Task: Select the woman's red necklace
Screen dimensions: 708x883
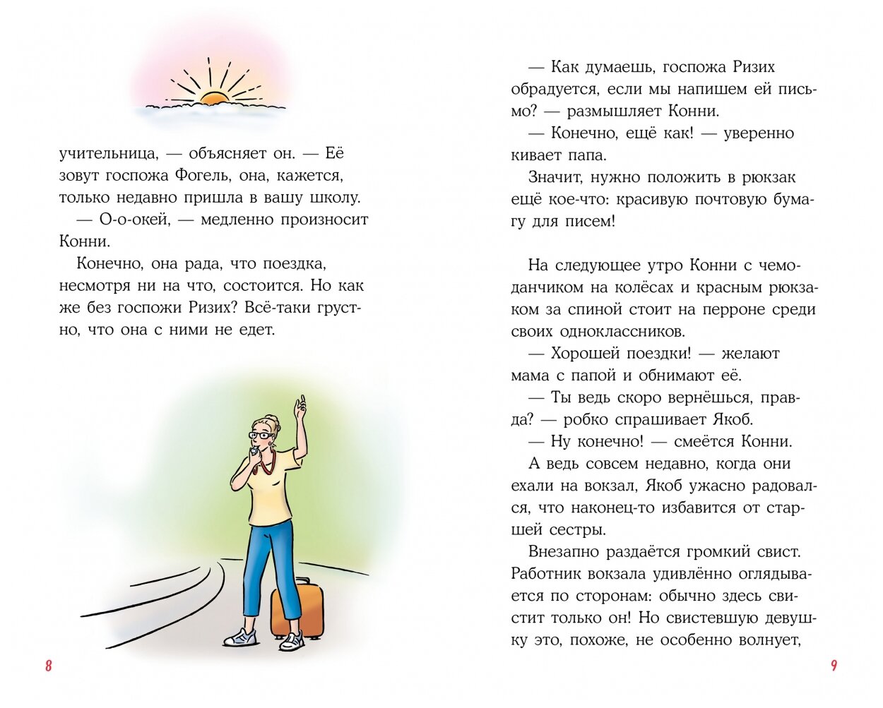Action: tap(267, 464)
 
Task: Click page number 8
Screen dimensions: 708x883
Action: tap(48, 666)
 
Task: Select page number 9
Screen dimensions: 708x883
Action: tap(834, 666)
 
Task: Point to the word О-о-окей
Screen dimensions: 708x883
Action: tap(134, 220)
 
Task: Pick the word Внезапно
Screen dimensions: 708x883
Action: tap(564, 551)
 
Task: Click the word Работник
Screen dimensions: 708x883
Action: tap(546, 573)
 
